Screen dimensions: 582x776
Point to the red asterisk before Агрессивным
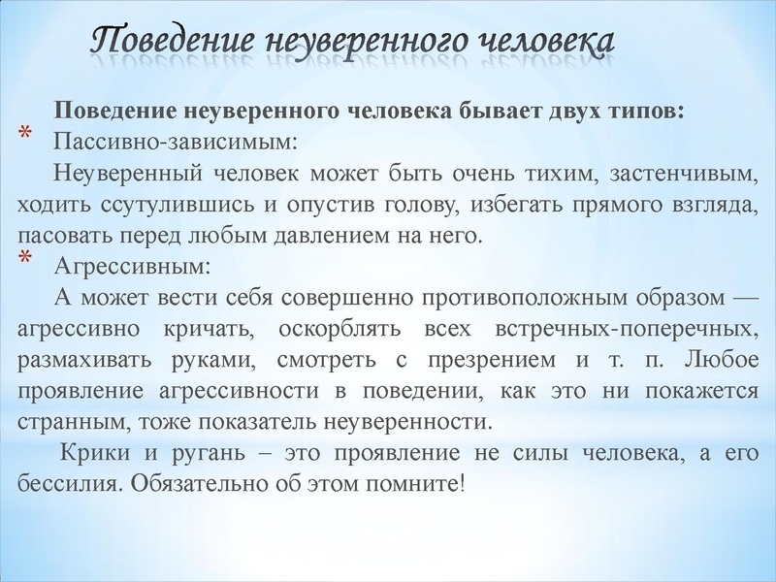(x=25, y=259)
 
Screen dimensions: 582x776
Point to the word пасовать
(x=60, y=236)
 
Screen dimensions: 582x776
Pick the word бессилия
(x=61, y=484)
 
